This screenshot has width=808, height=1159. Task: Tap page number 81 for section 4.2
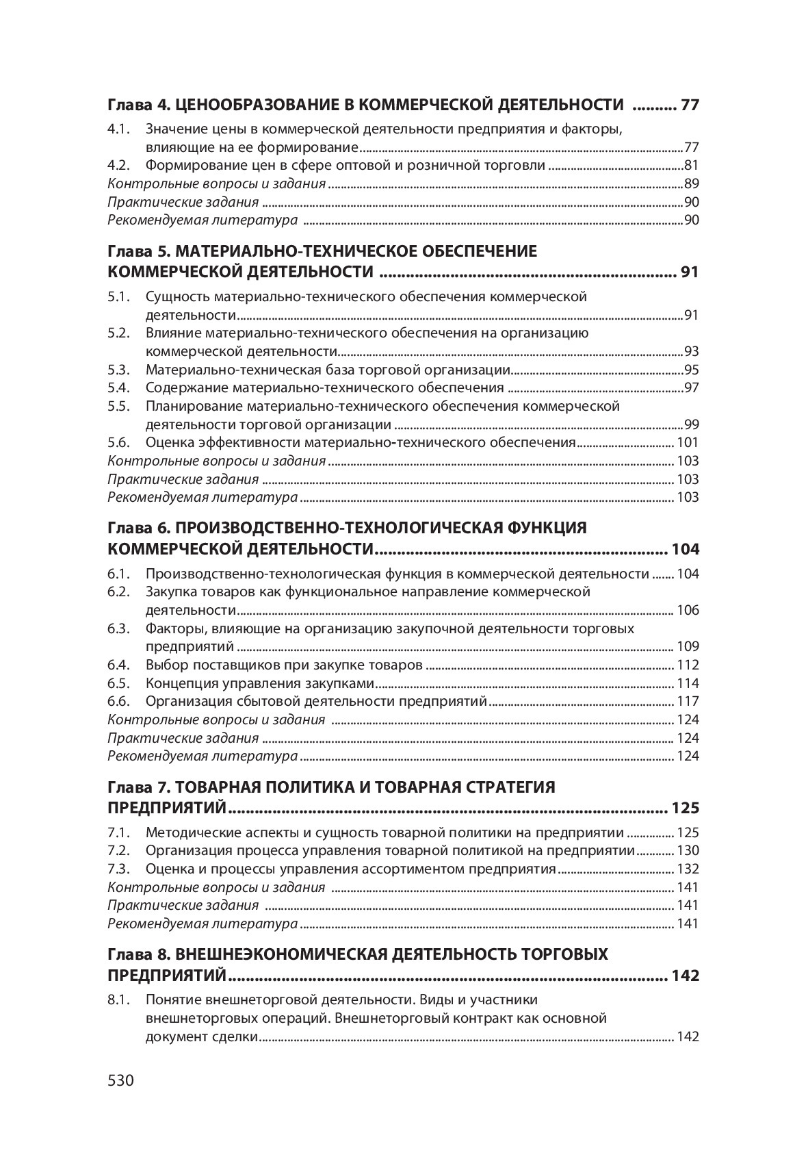click(691, 165)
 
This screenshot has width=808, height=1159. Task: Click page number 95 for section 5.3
click(691, 370)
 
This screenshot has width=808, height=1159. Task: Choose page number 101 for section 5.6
click(688, 442)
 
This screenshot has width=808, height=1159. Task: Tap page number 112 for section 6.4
click(688, 665)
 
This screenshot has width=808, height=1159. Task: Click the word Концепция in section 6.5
click(178, 683)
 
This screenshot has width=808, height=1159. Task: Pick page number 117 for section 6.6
click(688, 701)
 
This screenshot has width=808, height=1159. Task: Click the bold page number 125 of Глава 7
click(686, 808)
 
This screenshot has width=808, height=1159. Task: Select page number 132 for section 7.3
click(688, 869)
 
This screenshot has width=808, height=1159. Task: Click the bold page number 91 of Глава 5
click(690, 272)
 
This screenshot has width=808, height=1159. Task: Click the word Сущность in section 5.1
click(177, 297)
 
